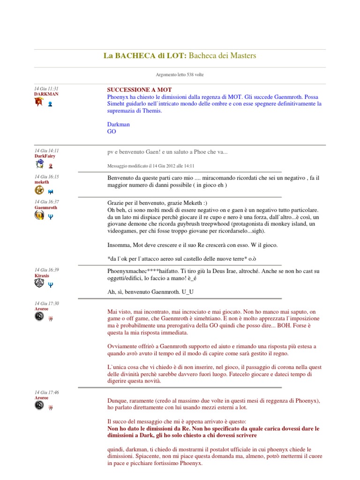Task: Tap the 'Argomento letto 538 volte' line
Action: pyautogui.click(x=180, y=75)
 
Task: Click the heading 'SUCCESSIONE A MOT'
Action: pyautogui.click(x=139, y=90)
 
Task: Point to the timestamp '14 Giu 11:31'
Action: pyautogui.click(x=46, y=89)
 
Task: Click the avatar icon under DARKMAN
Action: pyautogui.click(x=39, y=102)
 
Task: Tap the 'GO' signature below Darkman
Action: pyautogui.click(x=112, y=132)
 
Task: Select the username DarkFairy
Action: pyautogui.click(x=46, y=156)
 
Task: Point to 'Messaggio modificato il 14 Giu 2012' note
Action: pyautogui.click(x=151, y=165)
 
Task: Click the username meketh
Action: pyautogui.click(x=41, y=182)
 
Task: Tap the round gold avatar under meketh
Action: pyautogui.click(x=39, y=190)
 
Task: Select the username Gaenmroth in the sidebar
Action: pyautogui.click(x=46, y=207)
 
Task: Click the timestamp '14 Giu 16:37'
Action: pyautogui.click(x=46, y=202)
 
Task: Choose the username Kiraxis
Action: pyautogui.click(x=42, y=276)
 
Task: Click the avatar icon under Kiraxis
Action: pyautogui.click(x=39, y=284)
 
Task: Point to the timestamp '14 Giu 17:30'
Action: pyautogui.click(x=46, y=304)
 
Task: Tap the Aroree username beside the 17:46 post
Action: pyautogui.click(x=41, y=397)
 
